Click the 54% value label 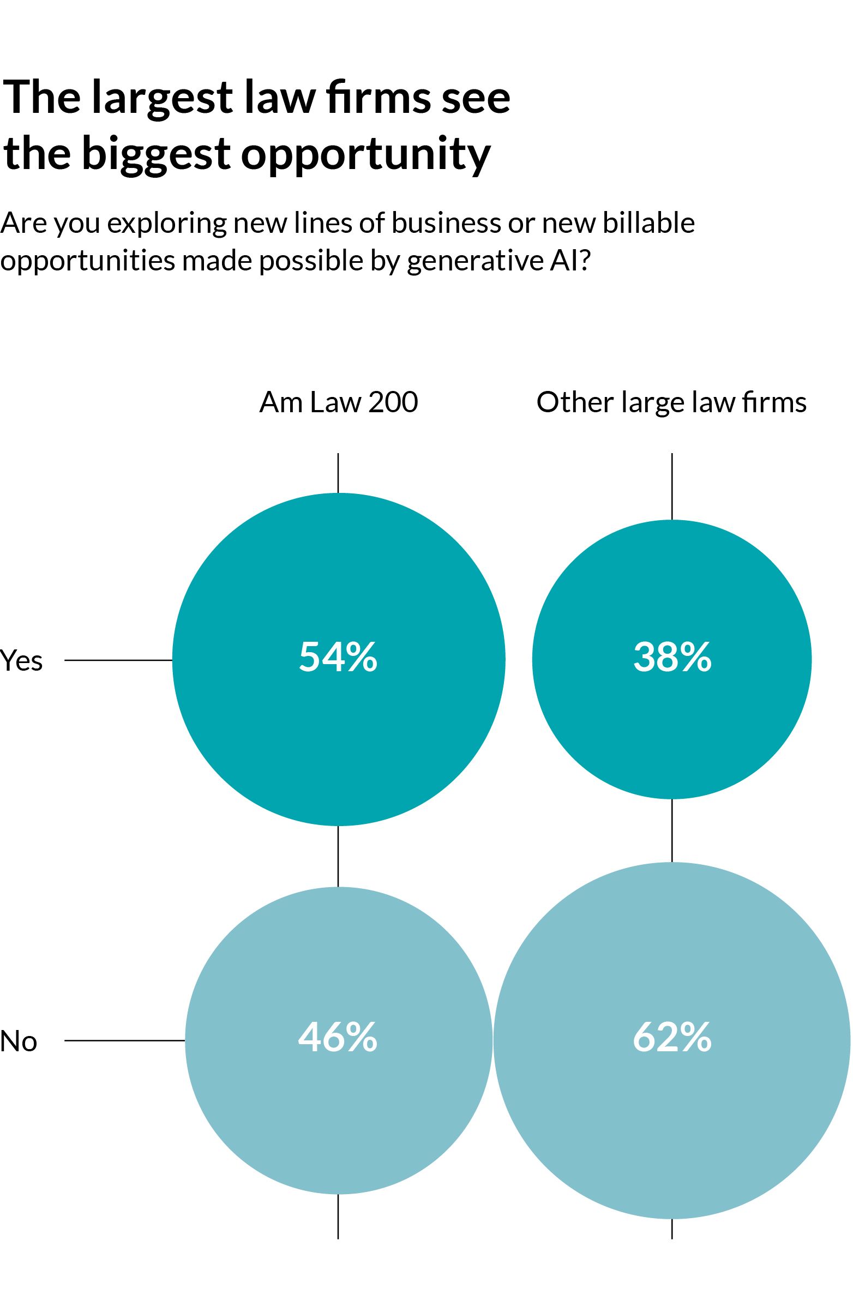pyautogui.click(x=338, y=657)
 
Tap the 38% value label pyautogui.click(x=672, y=657)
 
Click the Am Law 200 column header pyautogui.click(x=338, y=402)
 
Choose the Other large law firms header pyautogui.click(x=671, y=403)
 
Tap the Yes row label pyautogui.click(x=21, y=660)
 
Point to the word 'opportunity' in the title pyautogui.click(x=365, y=154)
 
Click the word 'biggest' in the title pyautogui.click(x=156, y=154)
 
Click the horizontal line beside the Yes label pyautogui.click(x=118, y=660)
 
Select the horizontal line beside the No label pyautogui.click(x=124, y=1040)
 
